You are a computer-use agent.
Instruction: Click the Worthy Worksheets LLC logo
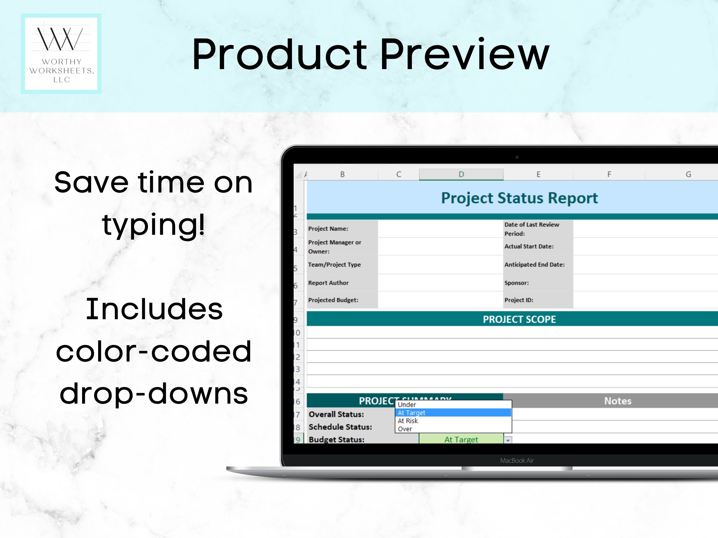click(61, 54)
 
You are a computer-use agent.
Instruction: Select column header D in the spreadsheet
click(461, 174)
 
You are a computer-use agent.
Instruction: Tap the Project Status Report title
click(519, 198)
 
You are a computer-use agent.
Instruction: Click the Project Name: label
click(328, 229)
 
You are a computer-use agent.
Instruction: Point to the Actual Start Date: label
click(529, 247)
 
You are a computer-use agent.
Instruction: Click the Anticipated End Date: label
click(534, 265)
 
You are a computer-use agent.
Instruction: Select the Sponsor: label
click(516, 283)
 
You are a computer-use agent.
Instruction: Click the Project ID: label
click(519, 300)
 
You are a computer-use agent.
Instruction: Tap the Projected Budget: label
click(333, 300)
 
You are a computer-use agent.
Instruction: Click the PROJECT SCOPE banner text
click(519, 319)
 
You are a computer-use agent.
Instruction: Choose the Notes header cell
click(617, 401)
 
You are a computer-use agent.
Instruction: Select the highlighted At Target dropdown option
click(412, 413)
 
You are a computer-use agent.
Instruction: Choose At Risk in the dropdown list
click(408, 421)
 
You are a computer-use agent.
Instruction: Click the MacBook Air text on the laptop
click(517, 461)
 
